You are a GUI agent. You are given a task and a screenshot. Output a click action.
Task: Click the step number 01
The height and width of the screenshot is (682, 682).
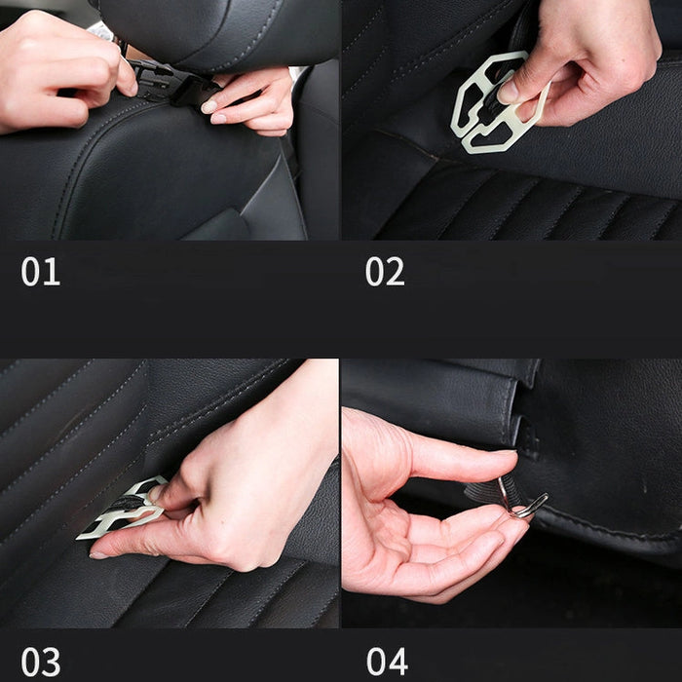[x=41, y=272]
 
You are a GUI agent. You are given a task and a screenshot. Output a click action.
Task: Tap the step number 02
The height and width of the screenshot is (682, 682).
[x=385, y=272]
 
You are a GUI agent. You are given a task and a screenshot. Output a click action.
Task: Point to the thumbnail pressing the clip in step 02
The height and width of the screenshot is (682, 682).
[x=510, y=91]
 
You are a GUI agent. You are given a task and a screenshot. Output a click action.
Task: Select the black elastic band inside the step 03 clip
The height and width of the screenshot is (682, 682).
[x=127, y=503]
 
